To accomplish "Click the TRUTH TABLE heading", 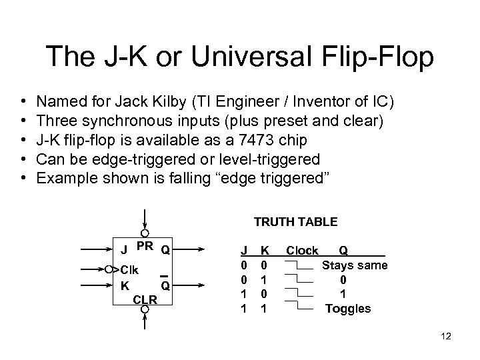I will [x=295, y=222].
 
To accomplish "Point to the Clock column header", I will [x=302, y=251].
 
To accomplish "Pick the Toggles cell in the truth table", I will [x=348, y=309].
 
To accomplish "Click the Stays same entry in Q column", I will [x=355, y=265].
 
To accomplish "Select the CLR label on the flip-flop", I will [x=145, y=299].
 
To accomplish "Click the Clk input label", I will [x=129, y=270].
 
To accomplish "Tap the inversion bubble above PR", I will [x=145, y=233].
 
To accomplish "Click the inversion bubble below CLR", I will [x=145, y=309].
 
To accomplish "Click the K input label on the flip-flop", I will [x=124, y=285].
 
